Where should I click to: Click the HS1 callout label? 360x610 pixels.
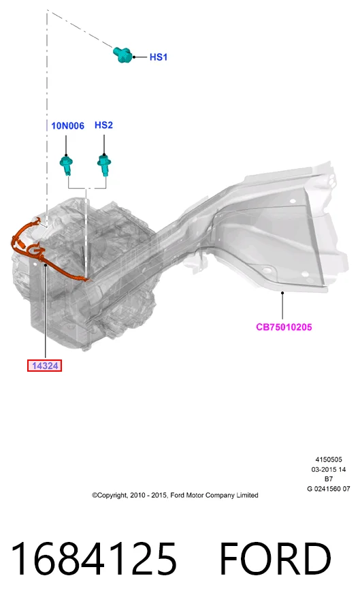click(x=159, y=57)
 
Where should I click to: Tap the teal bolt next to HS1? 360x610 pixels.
click(x=123, y=54)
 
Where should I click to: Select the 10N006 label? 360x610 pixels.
click(x=67, y=126)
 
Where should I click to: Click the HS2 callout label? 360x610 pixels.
click(x=104, y=125)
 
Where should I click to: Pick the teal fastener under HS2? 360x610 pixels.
click(x=104, y=164)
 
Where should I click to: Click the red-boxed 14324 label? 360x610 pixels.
click(x=45, y=366)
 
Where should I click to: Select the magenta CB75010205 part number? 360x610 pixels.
click(x=284, y=327)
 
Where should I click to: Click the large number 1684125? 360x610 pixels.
click(x=94, y=559)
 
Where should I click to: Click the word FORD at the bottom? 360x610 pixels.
click(x=275, y=559)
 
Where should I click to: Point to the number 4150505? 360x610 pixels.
click(x=329, y=460)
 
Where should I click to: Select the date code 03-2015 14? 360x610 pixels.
click(x=329, y=469)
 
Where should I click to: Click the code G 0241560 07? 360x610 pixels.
click(x=329, y=489)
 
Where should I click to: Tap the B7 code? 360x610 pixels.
click(x=329, y=479)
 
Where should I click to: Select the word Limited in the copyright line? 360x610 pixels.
click(x=247, y=495)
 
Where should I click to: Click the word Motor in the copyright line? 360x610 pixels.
click(x=195, y=495)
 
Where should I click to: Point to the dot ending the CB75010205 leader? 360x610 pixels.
click(x=282, y=292)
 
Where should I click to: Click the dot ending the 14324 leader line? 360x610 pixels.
click(x=45, y=266)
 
